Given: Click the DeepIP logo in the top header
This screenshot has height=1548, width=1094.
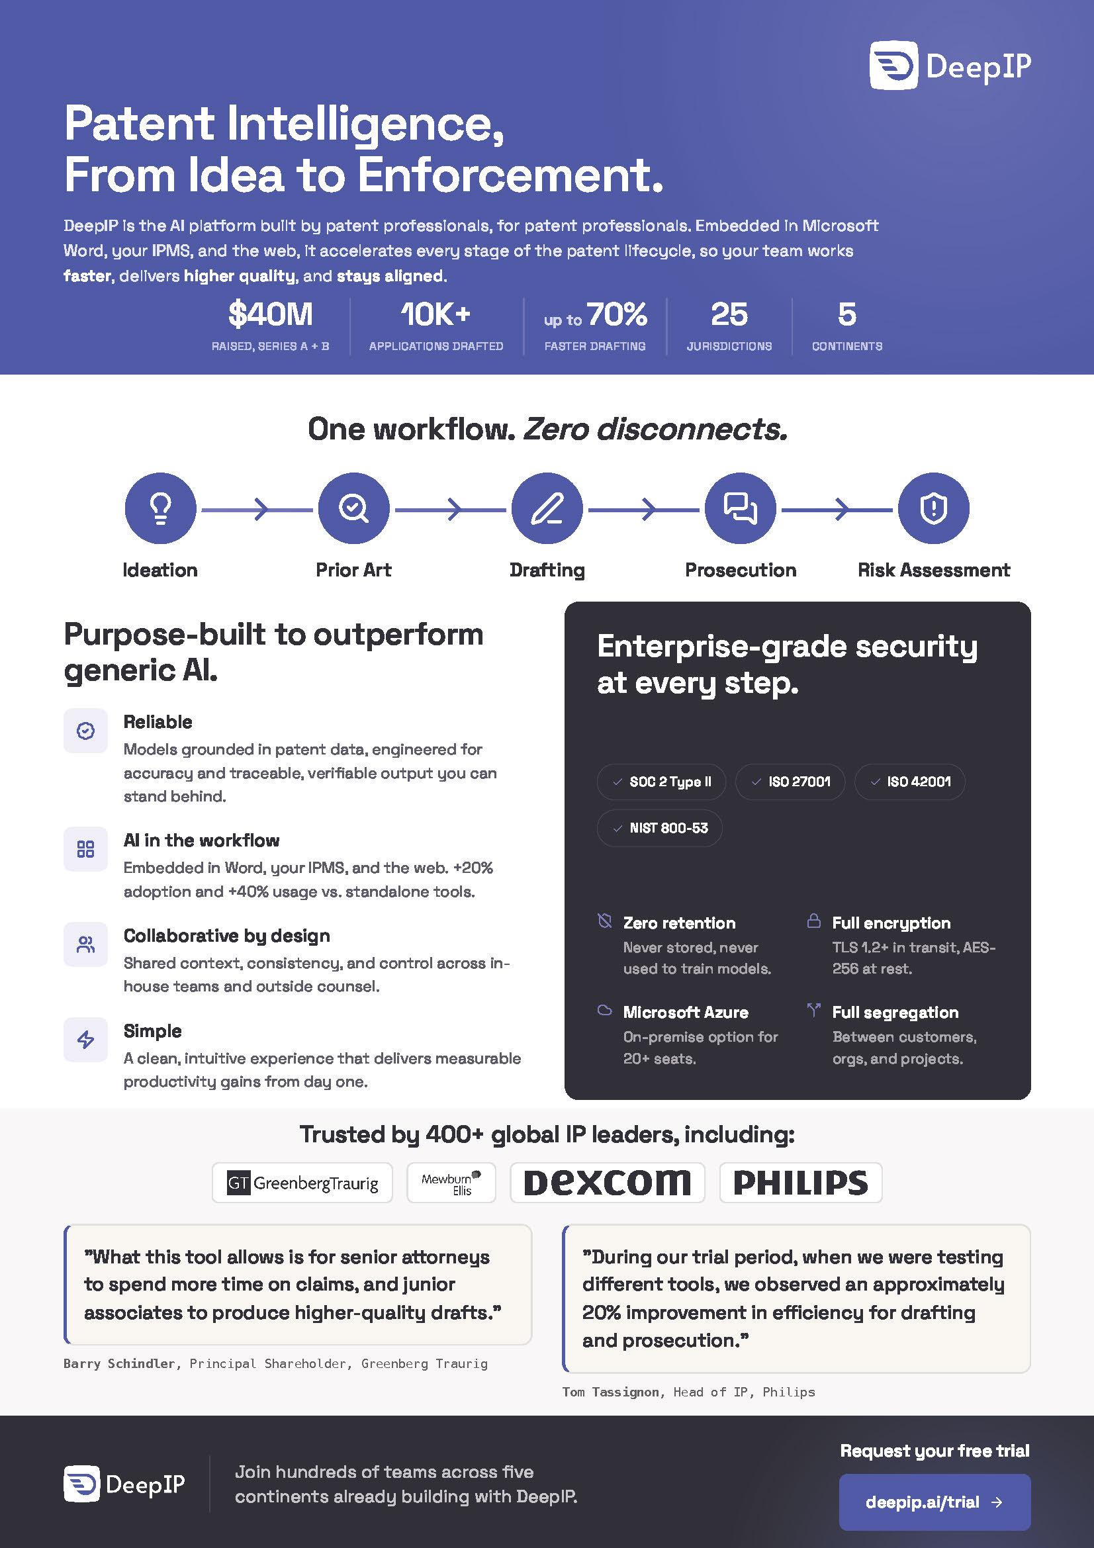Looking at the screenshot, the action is click(x=950, y=66).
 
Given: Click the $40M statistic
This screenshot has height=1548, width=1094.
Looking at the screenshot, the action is click(x=270, y=314).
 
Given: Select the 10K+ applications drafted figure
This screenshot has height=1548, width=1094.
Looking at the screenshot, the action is click(x=435, y=314).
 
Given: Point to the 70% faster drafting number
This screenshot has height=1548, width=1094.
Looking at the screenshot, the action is click(x=617, y=314).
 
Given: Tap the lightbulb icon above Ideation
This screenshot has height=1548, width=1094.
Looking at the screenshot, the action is click(x=160, y=508).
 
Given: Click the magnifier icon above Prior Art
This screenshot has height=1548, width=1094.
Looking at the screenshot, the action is click(x=354, y=508).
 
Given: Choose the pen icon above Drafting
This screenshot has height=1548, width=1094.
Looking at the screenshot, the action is click(x=547, y=508).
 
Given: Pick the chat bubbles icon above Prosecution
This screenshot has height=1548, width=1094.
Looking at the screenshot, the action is click(x=740, y=508).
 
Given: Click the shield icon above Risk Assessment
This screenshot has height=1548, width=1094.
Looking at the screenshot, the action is click(x=934, y=508).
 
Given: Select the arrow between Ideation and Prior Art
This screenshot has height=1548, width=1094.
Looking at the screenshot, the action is click(x=257, y=509).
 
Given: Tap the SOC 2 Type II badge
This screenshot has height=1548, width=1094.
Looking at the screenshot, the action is click(x=661, y=782).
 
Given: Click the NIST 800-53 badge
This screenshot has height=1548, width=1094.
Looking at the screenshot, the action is click(x=659, y=828).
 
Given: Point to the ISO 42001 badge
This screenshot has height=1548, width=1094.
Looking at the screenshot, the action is click(x=910, y=782).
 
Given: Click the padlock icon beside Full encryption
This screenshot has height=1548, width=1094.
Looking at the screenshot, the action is click(x=814, y=921).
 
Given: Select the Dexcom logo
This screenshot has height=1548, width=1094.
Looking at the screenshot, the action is click(x=608, y=1183).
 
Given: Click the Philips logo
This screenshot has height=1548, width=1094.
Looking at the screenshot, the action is click(x=801, y=1183).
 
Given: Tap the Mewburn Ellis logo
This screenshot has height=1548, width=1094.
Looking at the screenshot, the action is click(x=451, y=1183).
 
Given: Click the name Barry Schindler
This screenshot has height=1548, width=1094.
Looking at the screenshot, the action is click(x=120, y=1363).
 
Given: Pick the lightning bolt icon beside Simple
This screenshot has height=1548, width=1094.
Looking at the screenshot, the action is click(x=85, y=1039).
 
